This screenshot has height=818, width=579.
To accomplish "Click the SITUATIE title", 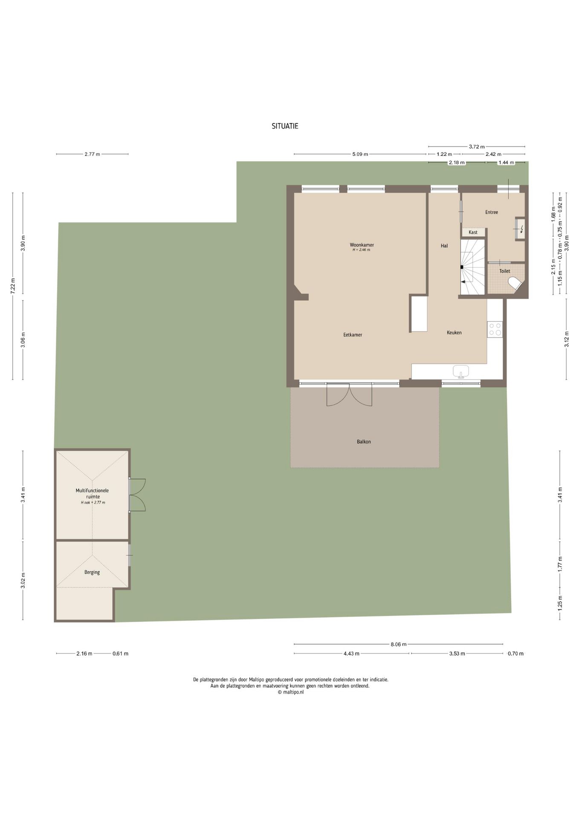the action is coord(285,126).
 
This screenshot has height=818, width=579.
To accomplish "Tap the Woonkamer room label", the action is coord(362,245).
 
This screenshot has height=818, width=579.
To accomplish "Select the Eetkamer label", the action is coord(353,335).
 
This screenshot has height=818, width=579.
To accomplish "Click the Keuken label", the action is coord(454,333).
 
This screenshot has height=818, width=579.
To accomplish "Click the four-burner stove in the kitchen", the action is coord(495,329).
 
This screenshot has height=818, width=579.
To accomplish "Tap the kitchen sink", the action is coord(460,372).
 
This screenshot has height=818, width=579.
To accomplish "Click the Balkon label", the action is coord(364,442).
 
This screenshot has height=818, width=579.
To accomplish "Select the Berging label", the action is coord(92,572).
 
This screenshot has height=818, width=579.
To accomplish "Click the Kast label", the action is coord(473,232).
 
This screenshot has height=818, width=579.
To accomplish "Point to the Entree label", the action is coord(492,212).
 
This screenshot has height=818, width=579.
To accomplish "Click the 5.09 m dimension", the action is coord(360,154).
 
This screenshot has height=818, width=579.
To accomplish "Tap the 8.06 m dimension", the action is coord(399,644).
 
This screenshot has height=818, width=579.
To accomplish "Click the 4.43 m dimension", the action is coord(351,654).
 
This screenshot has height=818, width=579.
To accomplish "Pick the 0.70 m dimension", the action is coord(515,654).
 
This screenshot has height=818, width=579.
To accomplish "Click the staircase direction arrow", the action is coord(462,282).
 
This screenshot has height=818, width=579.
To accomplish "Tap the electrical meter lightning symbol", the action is coord(521,230).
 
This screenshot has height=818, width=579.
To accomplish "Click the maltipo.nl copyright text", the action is coord(291,692).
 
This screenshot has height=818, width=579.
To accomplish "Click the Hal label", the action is coord(444,246).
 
